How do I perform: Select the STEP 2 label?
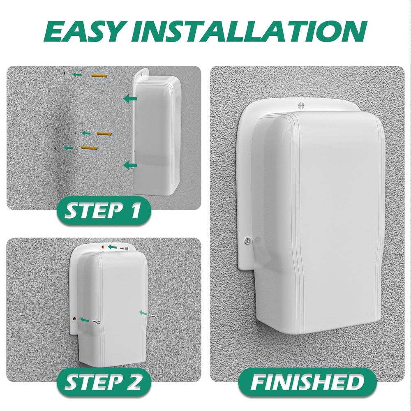coord(104,381)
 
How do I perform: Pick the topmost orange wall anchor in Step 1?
coord(99,76)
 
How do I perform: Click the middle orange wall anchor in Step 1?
coord(104,134)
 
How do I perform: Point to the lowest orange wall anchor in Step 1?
coord(89,148)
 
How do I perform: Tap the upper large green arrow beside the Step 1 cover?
coord(130,98)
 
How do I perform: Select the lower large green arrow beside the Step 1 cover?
coord(130,165)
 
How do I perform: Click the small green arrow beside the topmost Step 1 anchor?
coord(76,74)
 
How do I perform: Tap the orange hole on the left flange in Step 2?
coord(74,319)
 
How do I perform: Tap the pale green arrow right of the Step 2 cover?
coord(143,313)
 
